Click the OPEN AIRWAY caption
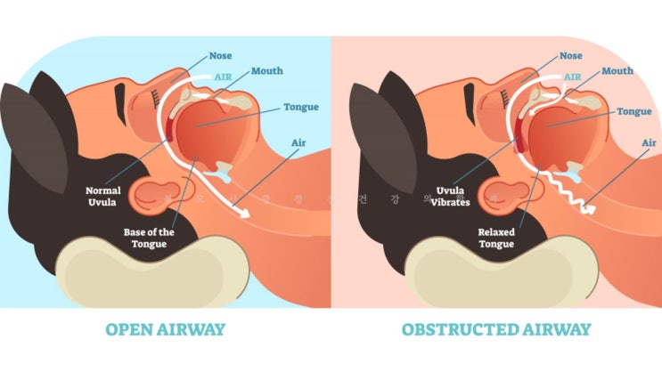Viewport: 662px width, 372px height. pos(166,330)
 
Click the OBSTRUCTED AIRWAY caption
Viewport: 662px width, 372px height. pos(496,330)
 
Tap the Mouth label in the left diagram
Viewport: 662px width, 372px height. pos(267,69)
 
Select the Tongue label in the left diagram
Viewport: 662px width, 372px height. pos(300,107)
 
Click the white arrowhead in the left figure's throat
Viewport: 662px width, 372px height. pos(240,211)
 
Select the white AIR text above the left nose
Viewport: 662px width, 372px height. pos(224,77)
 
